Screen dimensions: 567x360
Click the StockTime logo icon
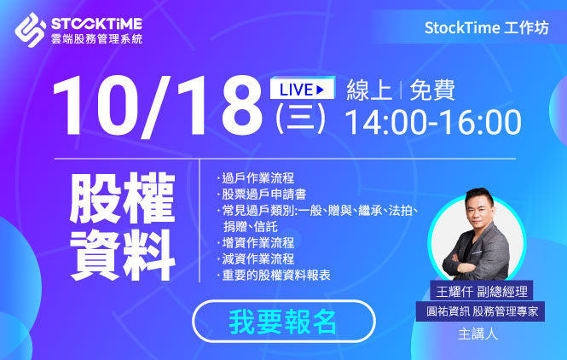(31, 30)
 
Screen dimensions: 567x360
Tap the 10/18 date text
(158, 107)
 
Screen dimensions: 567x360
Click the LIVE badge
(303, 88)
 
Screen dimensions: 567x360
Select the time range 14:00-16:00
(433, 122)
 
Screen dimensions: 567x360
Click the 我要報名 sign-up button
(283, 321)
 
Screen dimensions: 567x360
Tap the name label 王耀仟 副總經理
(481, 291)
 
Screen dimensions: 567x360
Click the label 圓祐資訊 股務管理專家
(481, 311)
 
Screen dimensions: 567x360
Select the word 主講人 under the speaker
(477, 334)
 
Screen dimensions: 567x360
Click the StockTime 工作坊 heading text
(486, 28)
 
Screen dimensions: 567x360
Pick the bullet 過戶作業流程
(257, 178)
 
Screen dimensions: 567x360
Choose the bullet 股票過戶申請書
(263, 195)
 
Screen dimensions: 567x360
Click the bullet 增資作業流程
(257, 243)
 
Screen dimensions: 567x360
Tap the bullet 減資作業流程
(257, 259)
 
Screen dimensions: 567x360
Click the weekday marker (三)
(300, 119)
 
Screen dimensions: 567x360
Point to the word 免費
(432, 90)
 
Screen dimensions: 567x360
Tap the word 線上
(369, 90)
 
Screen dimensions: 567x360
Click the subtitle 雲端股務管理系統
(96, 39)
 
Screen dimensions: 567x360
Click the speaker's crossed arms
(470, 262)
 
